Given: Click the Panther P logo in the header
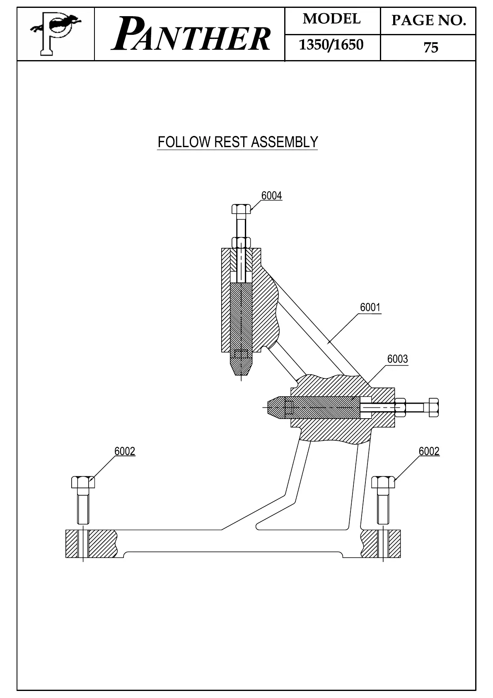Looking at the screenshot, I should click(x=55, y=34).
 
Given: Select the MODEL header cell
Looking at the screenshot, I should click(x=332, y=19).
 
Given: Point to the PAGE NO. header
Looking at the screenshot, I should click(x=428, y=20).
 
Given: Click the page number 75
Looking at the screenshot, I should click(x=430, y=48).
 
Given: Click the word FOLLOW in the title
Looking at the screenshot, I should click(x=184, y=142).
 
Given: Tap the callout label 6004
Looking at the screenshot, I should click(x=272, y=196).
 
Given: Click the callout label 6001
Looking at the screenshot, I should click(x=370, y=308).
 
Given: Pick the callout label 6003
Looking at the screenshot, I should click(x=397, y=359).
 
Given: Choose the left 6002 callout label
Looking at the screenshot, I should click(x=125, y=451).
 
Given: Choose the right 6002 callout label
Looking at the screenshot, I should click(x=429, y=451).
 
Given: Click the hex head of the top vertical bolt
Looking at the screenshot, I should click(x=241, y=208).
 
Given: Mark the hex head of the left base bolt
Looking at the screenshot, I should click(x=83, y=482).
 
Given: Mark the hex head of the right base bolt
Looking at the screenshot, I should click(x=383, y=482).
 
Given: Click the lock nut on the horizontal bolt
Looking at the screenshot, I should click(x=400, y=408).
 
